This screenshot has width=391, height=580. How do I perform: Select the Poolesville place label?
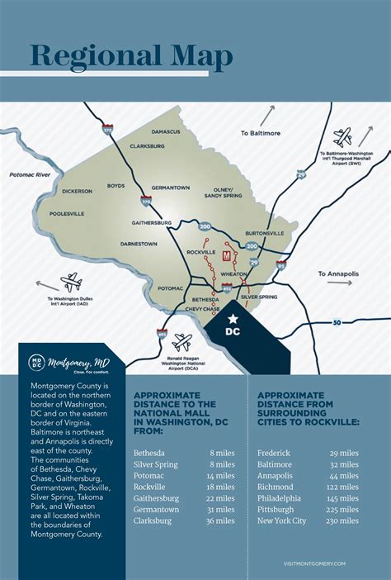click(67, 213)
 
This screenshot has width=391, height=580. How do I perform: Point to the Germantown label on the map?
click(172, 188)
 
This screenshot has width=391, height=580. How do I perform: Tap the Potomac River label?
click(30, 175)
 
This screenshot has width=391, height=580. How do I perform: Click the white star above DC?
click(233, 318)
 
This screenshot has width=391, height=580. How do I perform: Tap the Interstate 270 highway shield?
click(146, 200)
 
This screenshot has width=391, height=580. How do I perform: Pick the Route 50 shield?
click(337, 321)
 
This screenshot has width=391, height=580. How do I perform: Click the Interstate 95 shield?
click(281, 265)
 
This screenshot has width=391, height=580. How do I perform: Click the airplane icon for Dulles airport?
click(71, 281)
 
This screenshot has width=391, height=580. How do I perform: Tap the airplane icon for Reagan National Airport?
click(181, 341)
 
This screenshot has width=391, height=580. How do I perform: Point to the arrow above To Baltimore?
click(267, 116)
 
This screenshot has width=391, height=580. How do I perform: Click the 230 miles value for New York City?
click(342, 521)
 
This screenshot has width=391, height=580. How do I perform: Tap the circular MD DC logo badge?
click(36, 363)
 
